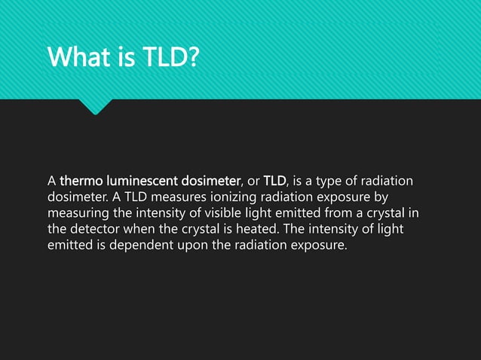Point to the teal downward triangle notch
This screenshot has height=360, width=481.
pyautogui.click(x=95, y=106)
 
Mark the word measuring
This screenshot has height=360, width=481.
pyautogui.click(x=81, y=214)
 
